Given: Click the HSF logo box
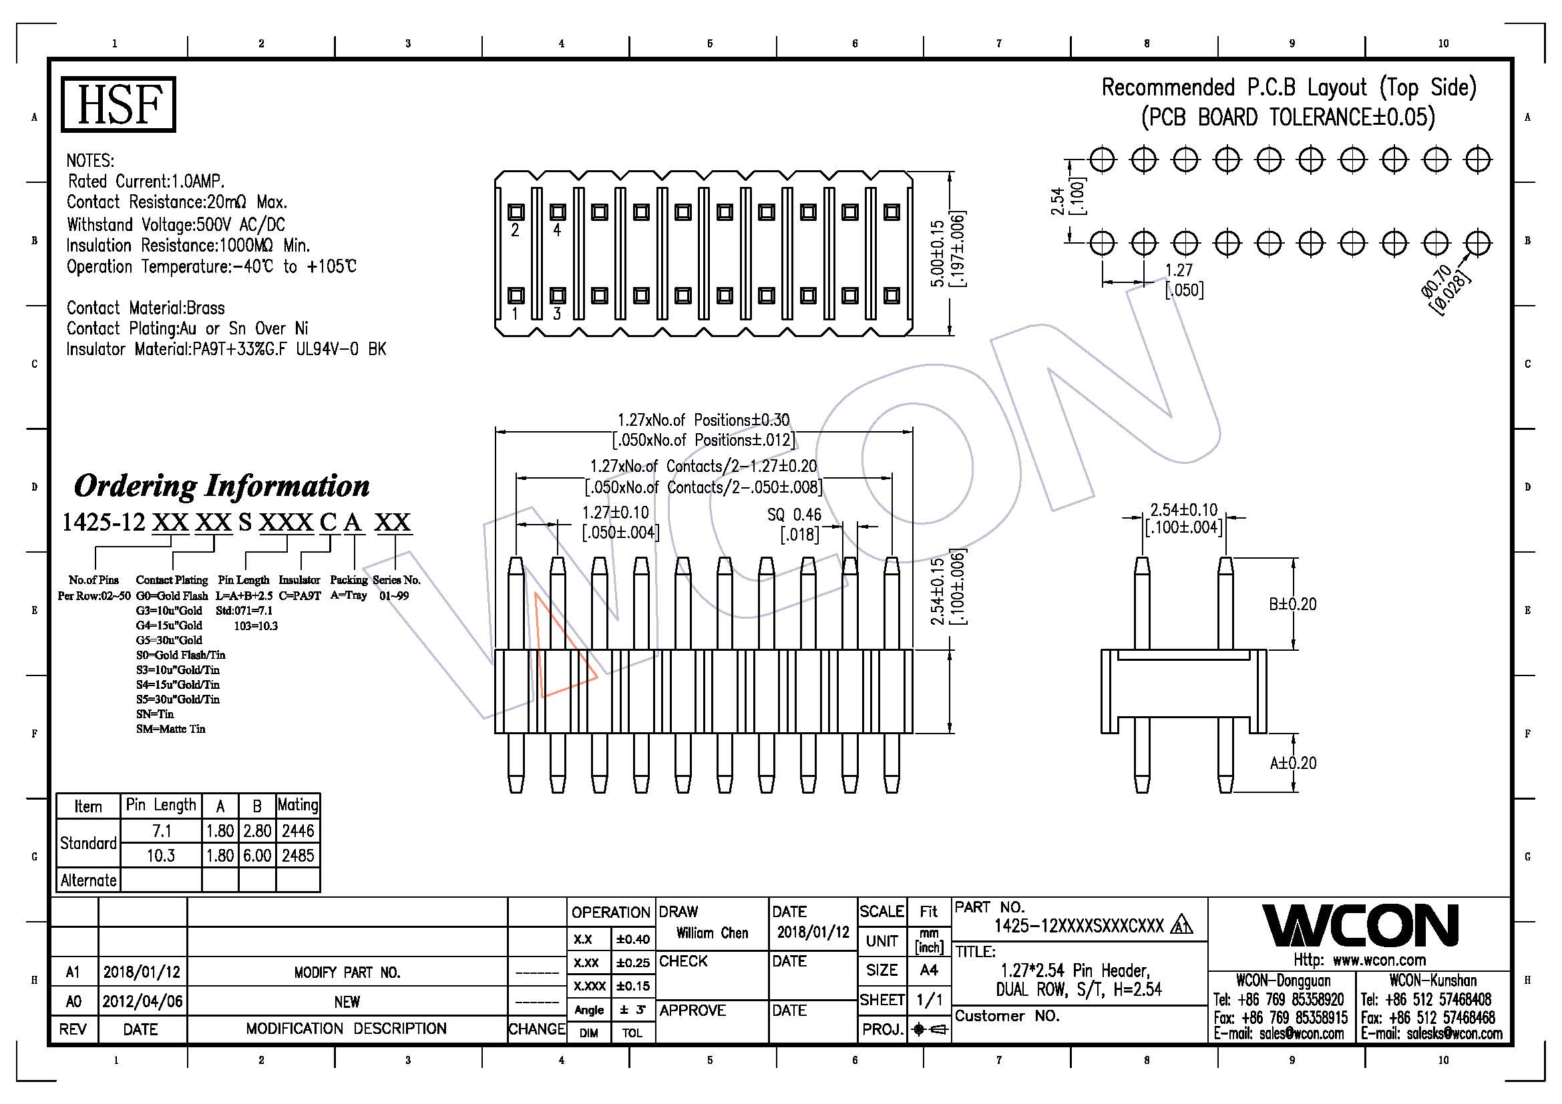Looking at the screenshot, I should [x=118, y=104].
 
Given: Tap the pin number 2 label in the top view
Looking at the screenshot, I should [x=515, y=230].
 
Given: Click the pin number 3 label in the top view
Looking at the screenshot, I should [x=556, y=314].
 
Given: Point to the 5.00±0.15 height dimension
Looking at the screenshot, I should [x=938, y=253].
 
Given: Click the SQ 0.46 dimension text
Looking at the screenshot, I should [x=794, y=515].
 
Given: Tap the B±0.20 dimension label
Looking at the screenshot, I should [x=1293, y=604].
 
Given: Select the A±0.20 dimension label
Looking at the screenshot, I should [x=1293, y=764].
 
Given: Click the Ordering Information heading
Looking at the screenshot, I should [x=222, y=485].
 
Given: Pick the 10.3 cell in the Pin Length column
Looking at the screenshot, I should [x=160, y=856].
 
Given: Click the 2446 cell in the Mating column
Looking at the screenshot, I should [x=298, y=831].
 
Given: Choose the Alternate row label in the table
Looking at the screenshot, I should [x=88, y=880].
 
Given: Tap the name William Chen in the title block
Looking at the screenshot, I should [x=712, y=933].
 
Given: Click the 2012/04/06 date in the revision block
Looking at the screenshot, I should [x=142, y=1001].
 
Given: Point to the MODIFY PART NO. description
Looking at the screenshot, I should [x=347, y=973].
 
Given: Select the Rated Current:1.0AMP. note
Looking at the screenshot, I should [x=146, y=182].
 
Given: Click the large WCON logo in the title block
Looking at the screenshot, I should [x=1360, y=926].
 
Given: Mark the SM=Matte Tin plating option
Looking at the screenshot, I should [x=170, y=729].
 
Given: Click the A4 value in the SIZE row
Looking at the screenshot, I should [x=929, y=970].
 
